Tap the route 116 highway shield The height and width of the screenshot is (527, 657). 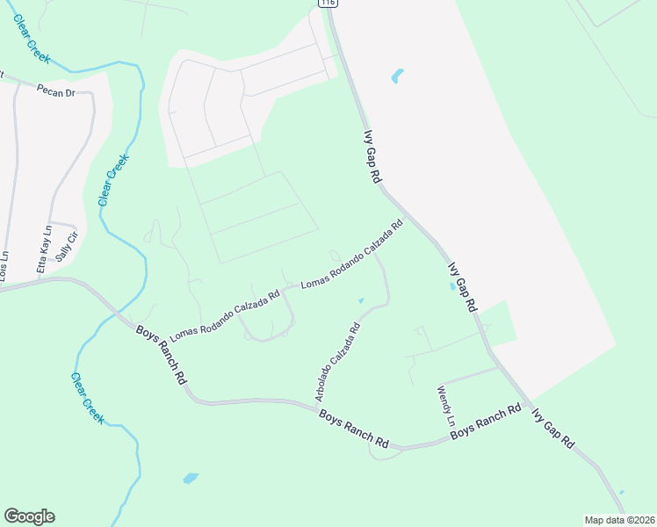click(328, 4)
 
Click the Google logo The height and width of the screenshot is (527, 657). click(29, 516)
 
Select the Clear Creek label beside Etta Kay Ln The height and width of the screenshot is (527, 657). click(114, 179)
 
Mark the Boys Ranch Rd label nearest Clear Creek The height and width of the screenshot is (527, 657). click(162, 354)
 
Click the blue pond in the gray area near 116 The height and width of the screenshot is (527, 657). click(397, 76)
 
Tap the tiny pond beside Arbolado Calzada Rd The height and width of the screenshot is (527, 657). click(361, 301)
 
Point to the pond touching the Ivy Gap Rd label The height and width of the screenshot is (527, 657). click(452, 286)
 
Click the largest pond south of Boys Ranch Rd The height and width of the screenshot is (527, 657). click(190, 479)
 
